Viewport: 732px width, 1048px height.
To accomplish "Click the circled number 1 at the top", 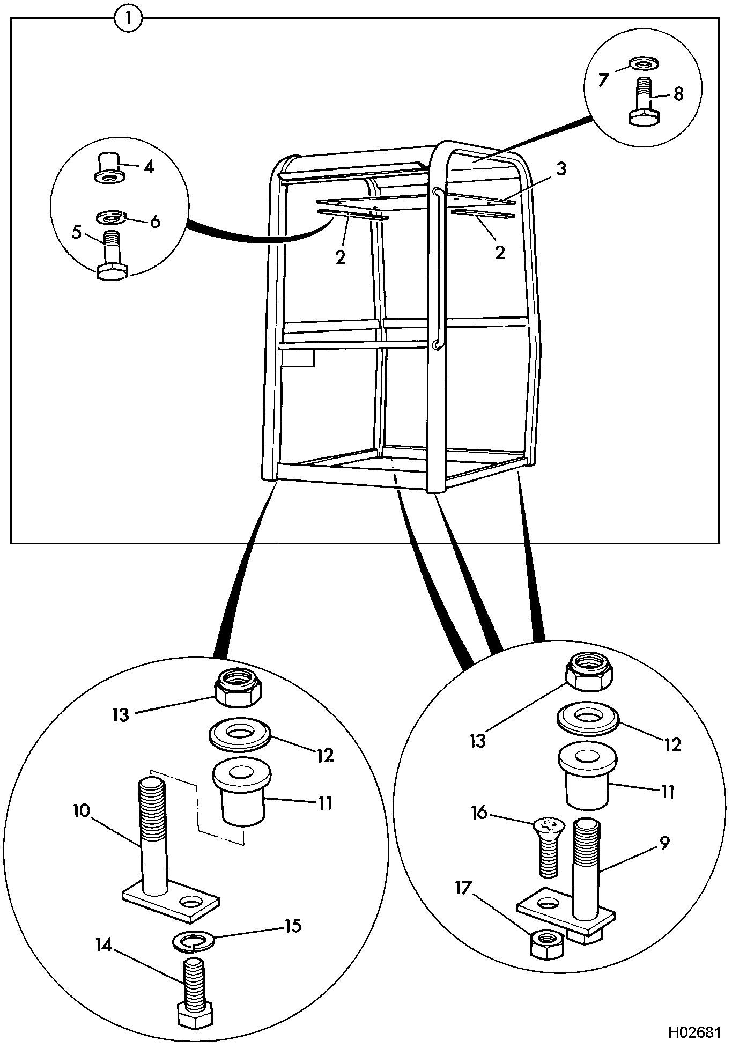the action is pyautogui.click(x=128, y=19).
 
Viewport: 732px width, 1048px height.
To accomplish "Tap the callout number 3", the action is pyautogui.click(x=560, y=169).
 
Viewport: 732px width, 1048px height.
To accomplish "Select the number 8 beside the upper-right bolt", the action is pyautogui.click(x=678, y=94).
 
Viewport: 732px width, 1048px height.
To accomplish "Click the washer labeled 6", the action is pyautogui.click(x=110, y=218).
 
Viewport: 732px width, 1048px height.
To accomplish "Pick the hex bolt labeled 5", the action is pyautogui.click(x=112, y=255).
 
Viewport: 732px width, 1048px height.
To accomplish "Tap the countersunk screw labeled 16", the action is pyautogui.click(x=546, y=847).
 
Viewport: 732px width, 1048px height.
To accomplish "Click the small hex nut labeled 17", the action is pyautogui.click(x=547, y=944).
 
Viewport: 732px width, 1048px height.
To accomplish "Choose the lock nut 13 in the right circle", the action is pyautogui.click(x=590, y=672).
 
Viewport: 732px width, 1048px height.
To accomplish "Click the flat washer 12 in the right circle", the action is pyautogui.click(x=589, y=718).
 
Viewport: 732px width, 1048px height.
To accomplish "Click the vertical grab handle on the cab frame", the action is pyautogui.click(x=438, y=269).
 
